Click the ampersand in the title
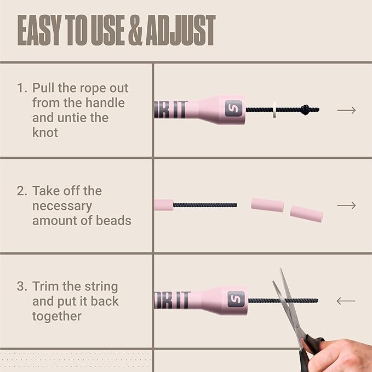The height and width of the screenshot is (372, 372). (136, 30)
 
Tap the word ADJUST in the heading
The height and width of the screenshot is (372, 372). (181, 30)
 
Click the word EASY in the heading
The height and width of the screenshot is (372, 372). (39, 30)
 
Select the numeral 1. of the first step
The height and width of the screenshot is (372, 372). (22, 88)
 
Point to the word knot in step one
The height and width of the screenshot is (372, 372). (45, 133)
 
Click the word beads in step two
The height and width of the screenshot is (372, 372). (113, 220)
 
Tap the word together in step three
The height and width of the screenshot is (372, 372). (57, 316)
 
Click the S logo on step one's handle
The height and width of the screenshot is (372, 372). (234, 108)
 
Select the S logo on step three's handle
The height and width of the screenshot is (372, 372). (236, 299)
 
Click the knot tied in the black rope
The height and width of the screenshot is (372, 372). (306, 110)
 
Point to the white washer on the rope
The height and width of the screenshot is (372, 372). (274, 110)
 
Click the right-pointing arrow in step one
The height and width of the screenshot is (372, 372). (346, 110)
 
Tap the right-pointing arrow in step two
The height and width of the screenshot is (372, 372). (346, 205)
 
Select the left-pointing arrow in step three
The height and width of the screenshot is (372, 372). (346, 301)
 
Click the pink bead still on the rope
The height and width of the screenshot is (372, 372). (164, 205)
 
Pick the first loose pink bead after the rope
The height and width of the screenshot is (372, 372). (267, 205)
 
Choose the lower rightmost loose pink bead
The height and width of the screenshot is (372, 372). (306, 214)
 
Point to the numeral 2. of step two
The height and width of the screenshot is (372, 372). (22, 191)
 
